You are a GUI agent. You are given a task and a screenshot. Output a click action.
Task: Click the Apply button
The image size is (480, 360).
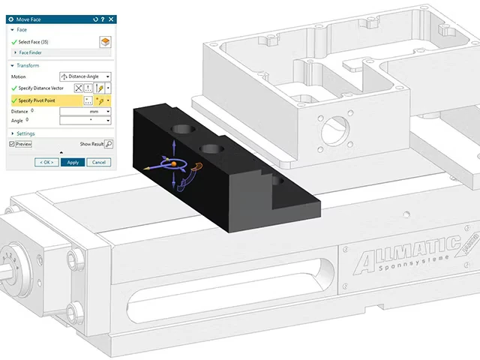tap(73, 162)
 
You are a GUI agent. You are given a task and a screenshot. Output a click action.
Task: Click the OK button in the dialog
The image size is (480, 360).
tap(46, 162)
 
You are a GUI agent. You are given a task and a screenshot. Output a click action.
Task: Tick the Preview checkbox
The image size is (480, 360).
tap(12, 144)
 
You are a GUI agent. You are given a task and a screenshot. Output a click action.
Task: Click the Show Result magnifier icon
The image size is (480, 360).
tap(109, 144)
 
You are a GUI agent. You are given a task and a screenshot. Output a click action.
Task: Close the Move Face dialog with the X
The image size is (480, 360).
tap(111, 19)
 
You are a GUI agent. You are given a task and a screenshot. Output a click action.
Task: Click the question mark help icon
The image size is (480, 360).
tap(103, 19)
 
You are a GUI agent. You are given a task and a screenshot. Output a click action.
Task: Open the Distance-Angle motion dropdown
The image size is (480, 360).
tap(85, 76)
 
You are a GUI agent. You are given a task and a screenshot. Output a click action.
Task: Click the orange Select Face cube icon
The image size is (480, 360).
tap(105, 42)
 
